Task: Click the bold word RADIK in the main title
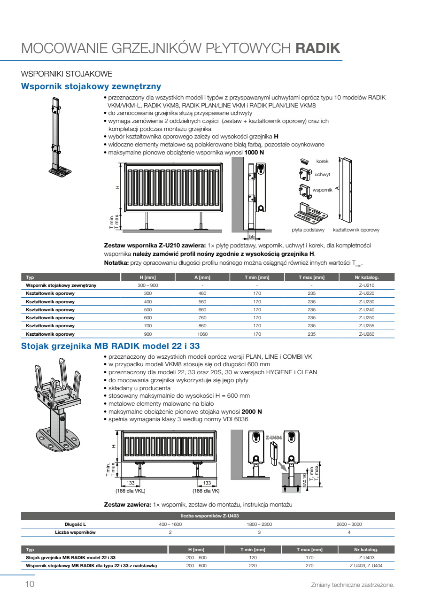pos(317,48)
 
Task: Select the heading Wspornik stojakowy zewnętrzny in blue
pos(91,86)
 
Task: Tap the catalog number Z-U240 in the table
pos(366,309)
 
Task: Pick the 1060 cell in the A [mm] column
pos(202,334)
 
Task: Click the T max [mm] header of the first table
pos(311,277)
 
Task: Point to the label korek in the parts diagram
pos(322,161)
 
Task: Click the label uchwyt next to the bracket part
pos(322,174)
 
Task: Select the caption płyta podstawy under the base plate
pos(308,230)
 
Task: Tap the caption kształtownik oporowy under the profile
pos(356,230)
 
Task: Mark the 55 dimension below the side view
pos(252,236)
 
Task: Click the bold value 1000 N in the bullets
pos(254,153)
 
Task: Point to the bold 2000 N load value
pos(252,412)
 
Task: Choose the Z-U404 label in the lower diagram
pos(273,438)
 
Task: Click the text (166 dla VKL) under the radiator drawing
pos(131,491)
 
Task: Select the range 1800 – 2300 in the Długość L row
pos(259,524)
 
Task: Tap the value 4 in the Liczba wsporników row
pos(349,532)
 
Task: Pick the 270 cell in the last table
pos(309,566)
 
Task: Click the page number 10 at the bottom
pos(30,584)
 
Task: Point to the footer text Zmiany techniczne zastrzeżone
pos(353,585)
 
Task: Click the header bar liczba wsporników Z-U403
pos(208,516)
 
